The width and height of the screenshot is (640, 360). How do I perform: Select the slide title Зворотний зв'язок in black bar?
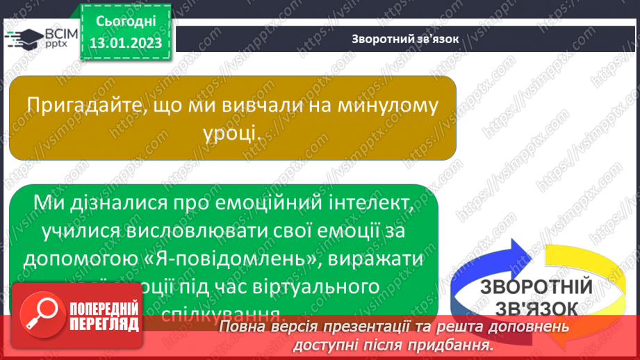coord(404,38)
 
